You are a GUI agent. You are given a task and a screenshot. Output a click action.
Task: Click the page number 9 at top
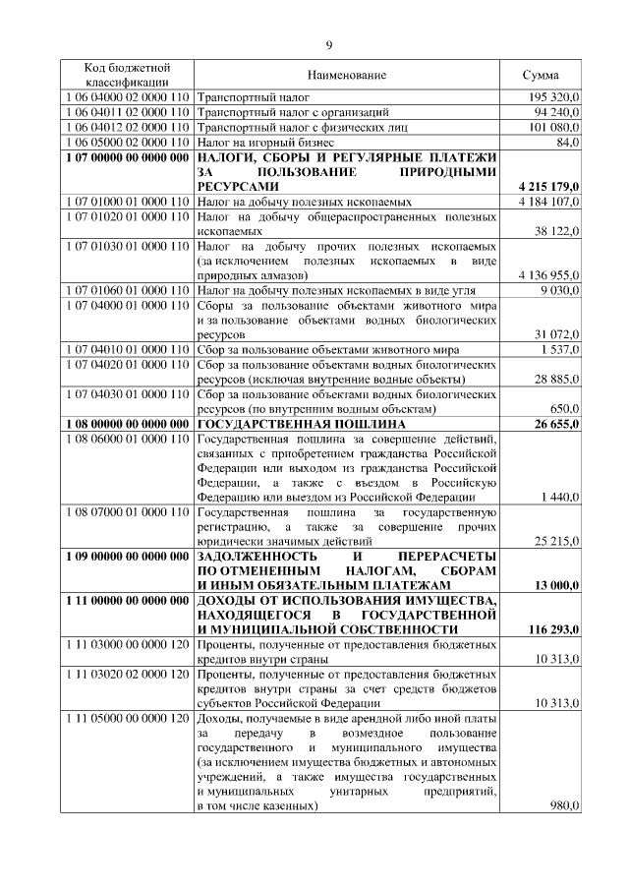[329, 43]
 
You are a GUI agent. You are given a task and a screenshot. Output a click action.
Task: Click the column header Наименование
[346, 76]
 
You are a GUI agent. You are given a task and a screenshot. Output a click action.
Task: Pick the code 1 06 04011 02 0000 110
[125, 113]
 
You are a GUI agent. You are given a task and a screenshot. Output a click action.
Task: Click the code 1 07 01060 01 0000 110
[125, 290]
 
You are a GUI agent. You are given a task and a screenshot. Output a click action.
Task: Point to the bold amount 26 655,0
[557, 424]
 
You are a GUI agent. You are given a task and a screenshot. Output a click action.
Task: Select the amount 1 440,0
[561, 499]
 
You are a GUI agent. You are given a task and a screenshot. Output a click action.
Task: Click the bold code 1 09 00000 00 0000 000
[125, 557]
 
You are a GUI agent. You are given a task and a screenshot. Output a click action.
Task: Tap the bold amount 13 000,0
[557, 586]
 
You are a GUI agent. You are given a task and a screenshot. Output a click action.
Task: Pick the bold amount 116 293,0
[553, 630]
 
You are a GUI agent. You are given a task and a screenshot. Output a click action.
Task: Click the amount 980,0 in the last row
[564, 807]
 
